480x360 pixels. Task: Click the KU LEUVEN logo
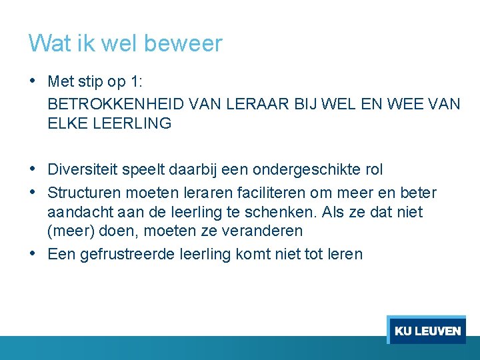click(427, 330)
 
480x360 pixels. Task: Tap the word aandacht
click(77, 213)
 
